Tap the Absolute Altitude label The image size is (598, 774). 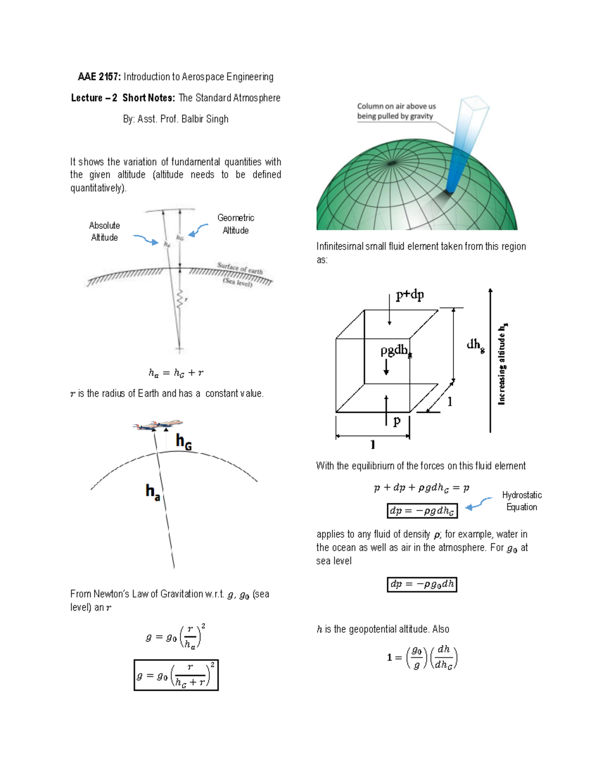tap(105, 231)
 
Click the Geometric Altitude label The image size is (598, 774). tap(236, 224)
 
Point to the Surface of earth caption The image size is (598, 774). tap(240, 269)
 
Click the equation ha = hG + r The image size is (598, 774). tap(176, 373)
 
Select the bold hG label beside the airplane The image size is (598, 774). tap(183, 442)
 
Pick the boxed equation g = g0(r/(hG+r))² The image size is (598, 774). tap(176, 675)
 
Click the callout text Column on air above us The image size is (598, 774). tap(396, 106)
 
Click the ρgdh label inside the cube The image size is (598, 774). tap(395, 351)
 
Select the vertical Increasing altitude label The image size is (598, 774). tap(502, 363)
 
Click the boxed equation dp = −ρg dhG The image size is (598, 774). tap(422, 511)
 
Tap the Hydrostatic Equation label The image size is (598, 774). tap(522, 501)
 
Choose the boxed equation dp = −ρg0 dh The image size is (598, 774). tap(422, 584)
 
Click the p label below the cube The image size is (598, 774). tap(397, 421)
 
